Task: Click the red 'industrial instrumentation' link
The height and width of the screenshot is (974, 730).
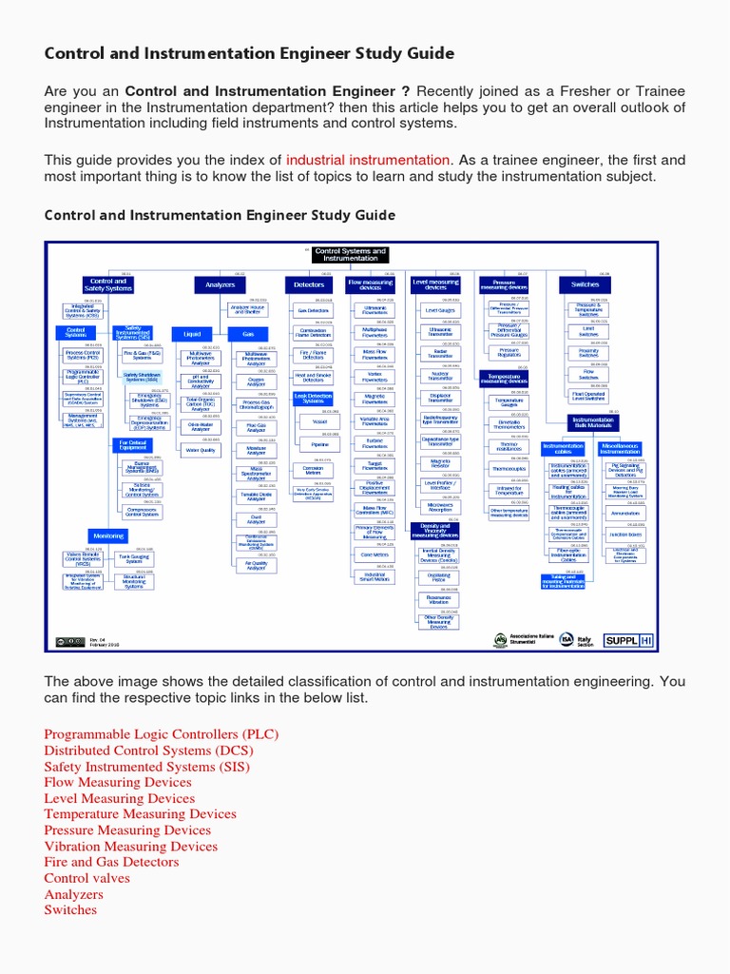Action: [368, 161]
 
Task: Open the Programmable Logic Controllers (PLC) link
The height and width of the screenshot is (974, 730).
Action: [162, 735]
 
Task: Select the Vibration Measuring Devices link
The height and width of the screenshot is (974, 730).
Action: [130, 847]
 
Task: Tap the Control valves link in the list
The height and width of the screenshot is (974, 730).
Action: [86, 878]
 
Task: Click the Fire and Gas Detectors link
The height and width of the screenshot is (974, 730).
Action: [111, 863]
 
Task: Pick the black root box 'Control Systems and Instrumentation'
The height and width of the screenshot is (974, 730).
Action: [350, 255]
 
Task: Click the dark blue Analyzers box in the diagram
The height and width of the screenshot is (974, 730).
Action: [220, 284]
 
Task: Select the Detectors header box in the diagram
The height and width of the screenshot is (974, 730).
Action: [309, 284]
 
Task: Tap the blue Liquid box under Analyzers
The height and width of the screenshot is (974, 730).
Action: [193, 334]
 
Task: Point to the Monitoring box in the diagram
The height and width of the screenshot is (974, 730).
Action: [108, 536]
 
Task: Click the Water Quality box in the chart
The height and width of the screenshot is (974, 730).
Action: [201, 450]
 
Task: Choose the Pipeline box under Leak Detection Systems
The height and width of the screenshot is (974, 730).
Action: [319, 444]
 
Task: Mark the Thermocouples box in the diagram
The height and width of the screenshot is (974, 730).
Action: [509, 469]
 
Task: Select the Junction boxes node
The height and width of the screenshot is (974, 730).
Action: [625, 535]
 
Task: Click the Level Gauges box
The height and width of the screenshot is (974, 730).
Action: [440, 310]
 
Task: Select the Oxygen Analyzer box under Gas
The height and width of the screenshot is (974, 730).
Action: [256, 381]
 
